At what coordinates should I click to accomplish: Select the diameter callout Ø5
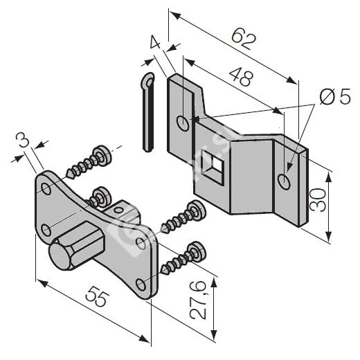click(x=335, y=96)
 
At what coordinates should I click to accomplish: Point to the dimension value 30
click(x=318, y=199)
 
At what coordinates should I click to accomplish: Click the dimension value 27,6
click(x=197, y=300)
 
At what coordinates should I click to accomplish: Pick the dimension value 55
click(x=96, y=296)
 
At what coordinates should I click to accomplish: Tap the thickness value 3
click(x=23, y=141)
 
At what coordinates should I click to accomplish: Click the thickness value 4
click(x=155, y=42)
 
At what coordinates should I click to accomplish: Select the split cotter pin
click(x=147, y=112)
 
